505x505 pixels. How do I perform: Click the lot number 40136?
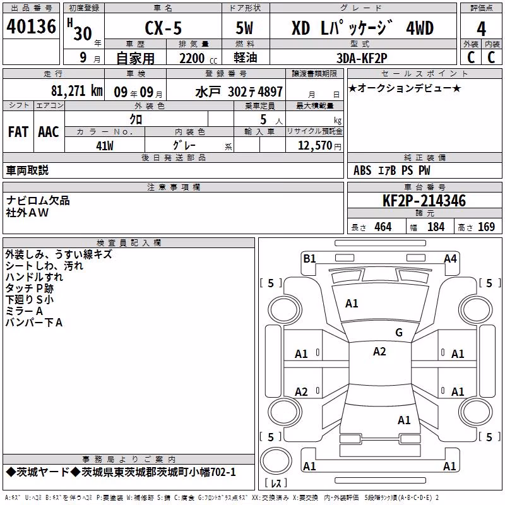pos(31,27)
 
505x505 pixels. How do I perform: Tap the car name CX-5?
pos(163,28)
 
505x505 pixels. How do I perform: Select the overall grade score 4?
pos(481,29)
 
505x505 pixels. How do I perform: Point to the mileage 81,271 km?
pos(76,91)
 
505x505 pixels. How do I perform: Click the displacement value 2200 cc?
pos(198,58)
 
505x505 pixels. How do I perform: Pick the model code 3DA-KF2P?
pos(362,58)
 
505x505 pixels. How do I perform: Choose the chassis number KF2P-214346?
pos(424,201)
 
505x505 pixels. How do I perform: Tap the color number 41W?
pos(105,146)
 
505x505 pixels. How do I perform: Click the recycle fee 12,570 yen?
pos(319,146)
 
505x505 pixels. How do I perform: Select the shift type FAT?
pos(18,132)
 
